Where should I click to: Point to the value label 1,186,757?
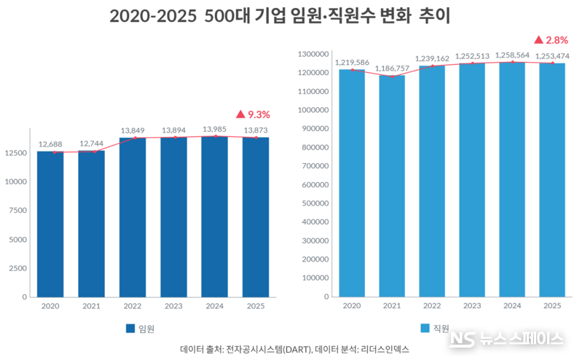click(391, 68)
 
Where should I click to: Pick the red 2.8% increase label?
click(550, 39)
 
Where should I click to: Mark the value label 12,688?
click(50, 144)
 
